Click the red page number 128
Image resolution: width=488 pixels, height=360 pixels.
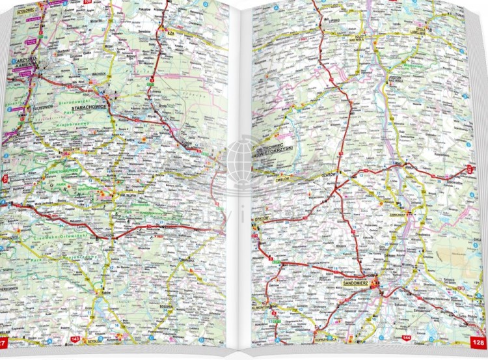(x=478, y=342)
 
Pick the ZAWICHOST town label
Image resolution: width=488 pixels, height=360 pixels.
(x=398, y=214)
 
